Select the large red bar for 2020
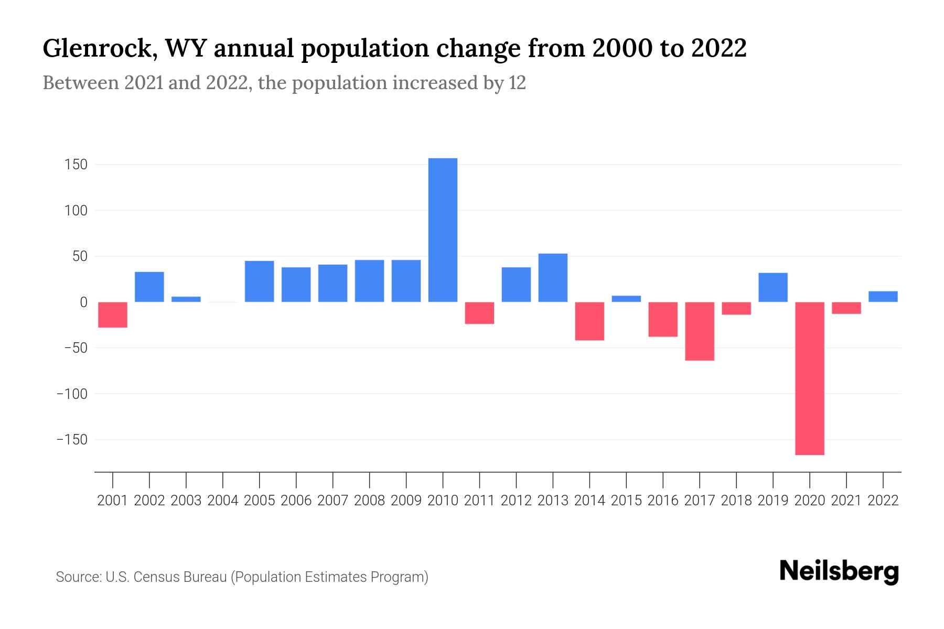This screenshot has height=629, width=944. (x=809, y=378)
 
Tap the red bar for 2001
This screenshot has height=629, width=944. (x=113, y=314)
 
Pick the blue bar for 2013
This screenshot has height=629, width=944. (x=553, y=277)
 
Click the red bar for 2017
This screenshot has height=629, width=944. (x=700, y=331)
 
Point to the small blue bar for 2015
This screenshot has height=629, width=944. (x=626, y=299)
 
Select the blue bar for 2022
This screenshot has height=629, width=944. (x=883, y=297)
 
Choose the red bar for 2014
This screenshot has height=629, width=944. (x=589, y=321)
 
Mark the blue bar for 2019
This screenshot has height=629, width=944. (x=773, y=287)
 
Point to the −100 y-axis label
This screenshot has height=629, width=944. (x=72, y=394)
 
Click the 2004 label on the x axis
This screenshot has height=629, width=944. (x=223, y=501)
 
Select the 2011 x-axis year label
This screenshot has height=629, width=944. (x=479, y=501)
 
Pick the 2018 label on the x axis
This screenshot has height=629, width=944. (x=736, y=501)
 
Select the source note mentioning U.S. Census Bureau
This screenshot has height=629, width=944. (x=242, y=577)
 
